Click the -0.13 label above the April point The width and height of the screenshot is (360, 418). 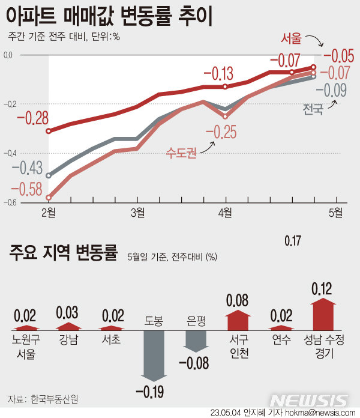click(x=218, y=74)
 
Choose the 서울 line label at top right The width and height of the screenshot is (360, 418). click(x=293, y=39)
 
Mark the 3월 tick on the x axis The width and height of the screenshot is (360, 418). click(x=137, y=211)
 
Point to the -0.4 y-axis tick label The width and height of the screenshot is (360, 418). click(x=8, y=153)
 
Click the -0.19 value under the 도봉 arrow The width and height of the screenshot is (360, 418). click(x=150, y=393)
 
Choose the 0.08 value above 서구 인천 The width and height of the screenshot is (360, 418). click(x=238, y=299)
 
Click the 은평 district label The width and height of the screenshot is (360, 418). click(x=196, y=321)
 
